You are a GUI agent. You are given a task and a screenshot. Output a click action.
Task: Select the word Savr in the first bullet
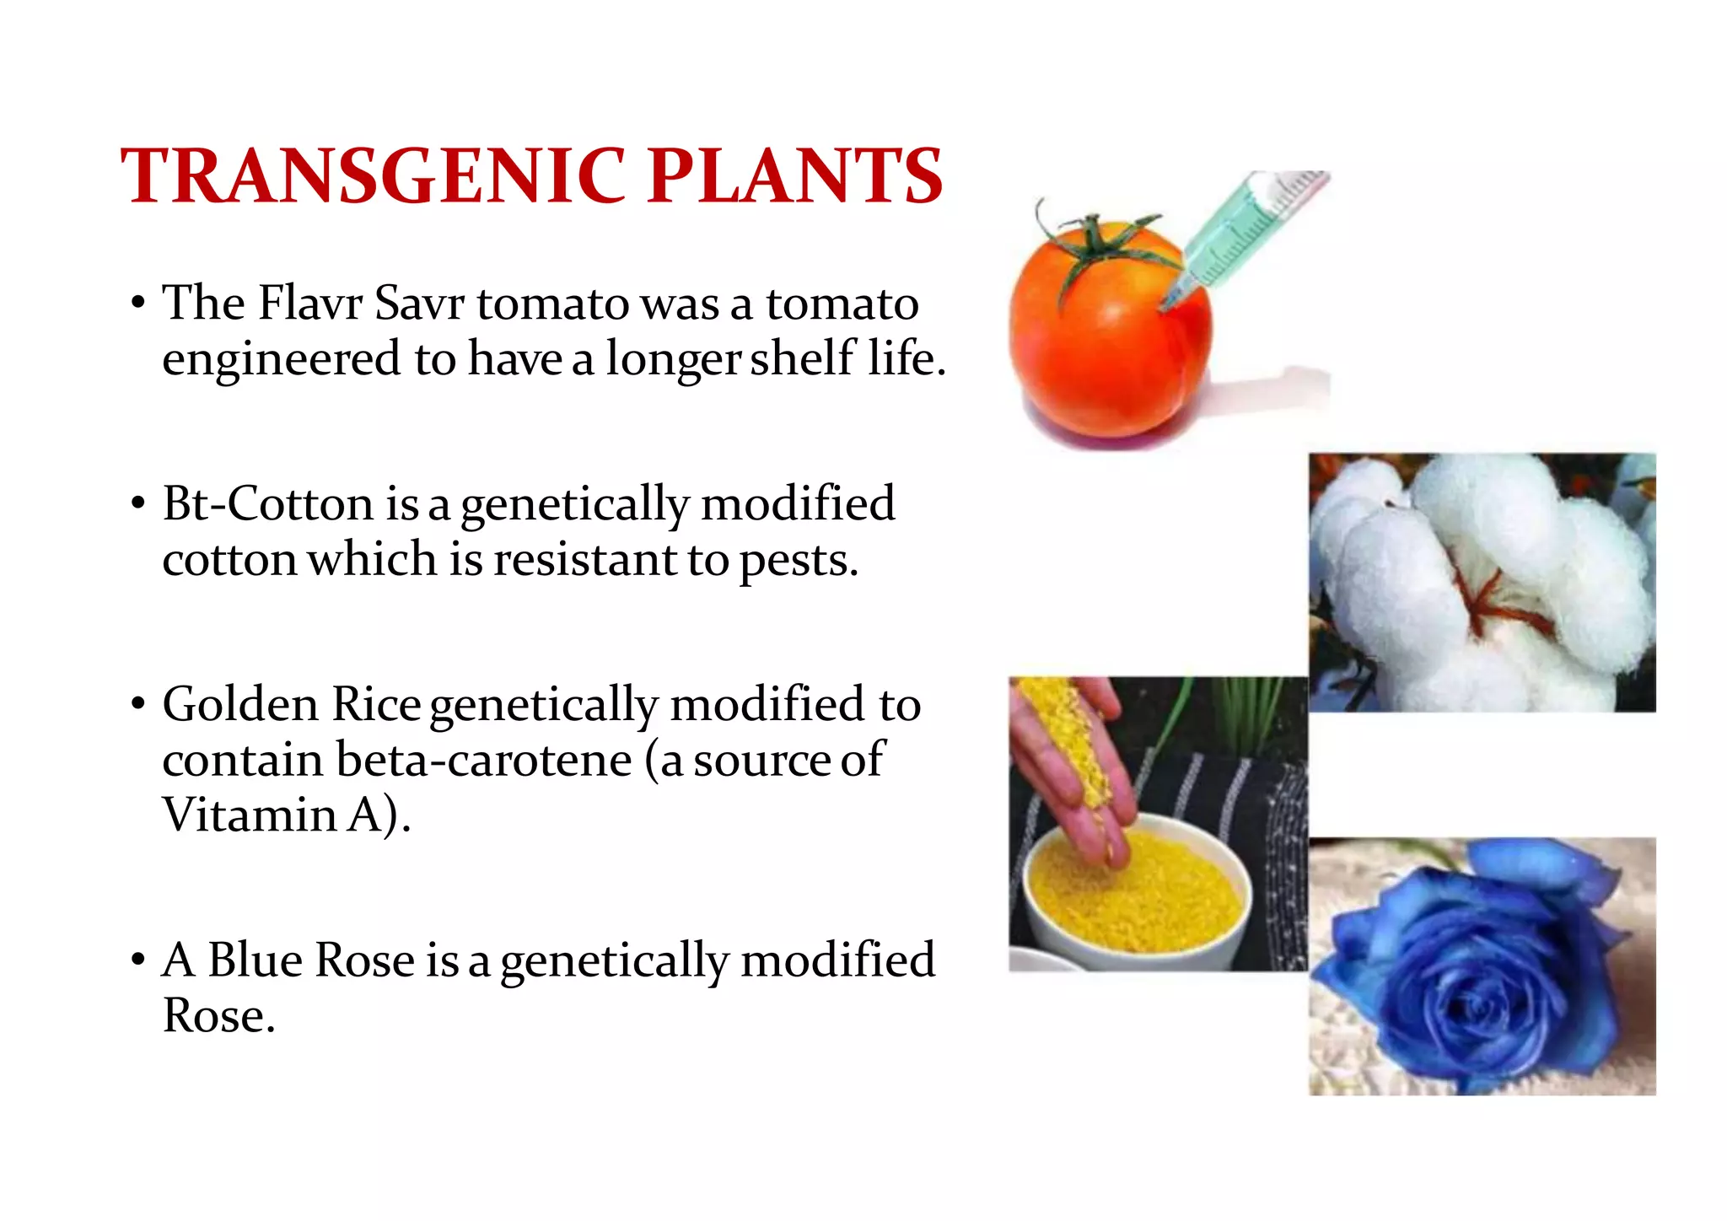(418, 304)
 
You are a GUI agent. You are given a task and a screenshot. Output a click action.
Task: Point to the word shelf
(801, 358)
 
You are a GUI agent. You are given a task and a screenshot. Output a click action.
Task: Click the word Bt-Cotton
(267, 504)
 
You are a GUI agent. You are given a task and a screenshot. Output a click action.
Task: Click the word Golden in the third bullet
(240, 704)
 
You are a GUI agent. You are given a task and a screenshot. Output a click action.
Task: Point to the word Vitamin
(250, 815)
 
